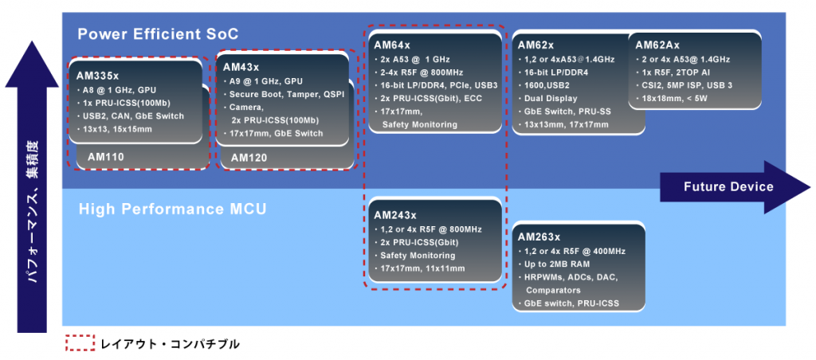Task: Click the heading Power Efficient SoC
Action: [158, 33]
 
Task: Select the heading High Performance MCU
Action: [172, 210]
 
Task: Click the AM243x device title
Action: [395, 215]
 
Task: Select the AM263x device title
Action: [539, 237]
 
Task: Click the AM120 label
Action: [250, 158]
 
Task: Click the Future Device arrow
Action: [728, 187]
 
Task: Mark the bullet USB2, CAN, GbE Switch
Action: [133, 116]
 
